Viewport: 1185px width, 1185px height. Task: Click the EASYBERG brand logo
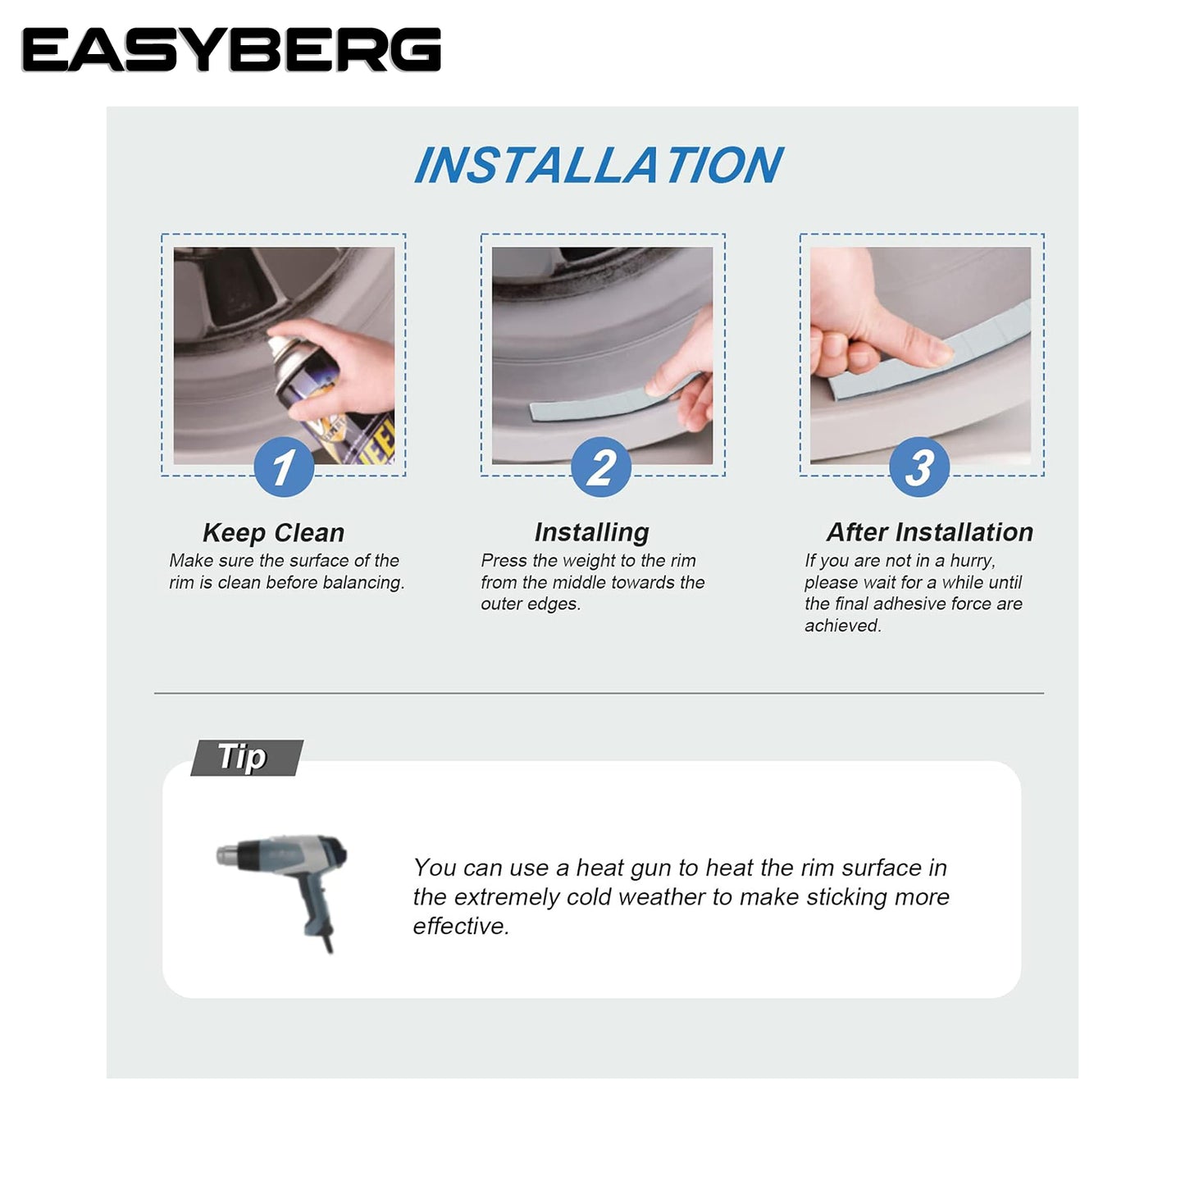coord(231,50)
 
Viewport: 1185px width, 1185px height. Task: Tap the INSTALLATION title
coord(599,166)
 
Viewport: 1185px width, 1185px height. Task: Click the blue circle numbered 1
coord(284,467)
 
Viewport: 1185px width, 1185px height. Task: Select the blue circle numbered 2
coord(601,467)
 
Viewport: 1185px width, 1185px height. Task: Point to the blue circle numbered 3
coord(919,467)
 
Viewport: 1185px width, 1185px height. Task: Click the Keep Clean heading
coord(274,532)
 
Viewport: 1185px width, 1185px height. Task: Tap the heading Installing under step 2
coord(591,532)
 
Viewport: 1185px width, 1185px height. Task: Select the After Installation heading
coord(930,532)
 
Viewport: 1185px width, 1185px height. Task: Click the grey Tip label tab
coord(247,758)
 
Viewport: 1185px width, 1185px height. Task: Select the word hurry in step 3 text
coord(973,562)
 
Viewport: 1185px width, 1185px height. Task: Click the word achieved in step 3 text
coord(843,626)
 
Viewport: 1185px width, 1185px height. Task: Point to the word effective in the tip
coord(461,926)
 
